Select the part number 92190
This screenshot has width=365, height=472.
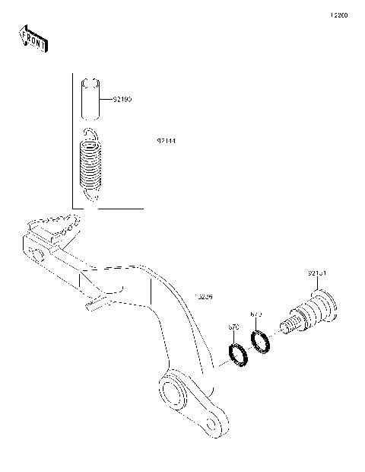coord(122,99)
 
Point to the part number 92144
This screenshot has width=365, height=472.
coord(167,142)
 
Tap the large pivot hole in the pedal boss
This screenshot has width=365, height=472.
coord(173,394)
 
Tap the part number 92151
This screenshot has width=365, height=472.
coord(317,273)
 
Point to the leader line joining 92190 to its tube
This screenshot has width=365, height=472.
coord(107,99)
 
